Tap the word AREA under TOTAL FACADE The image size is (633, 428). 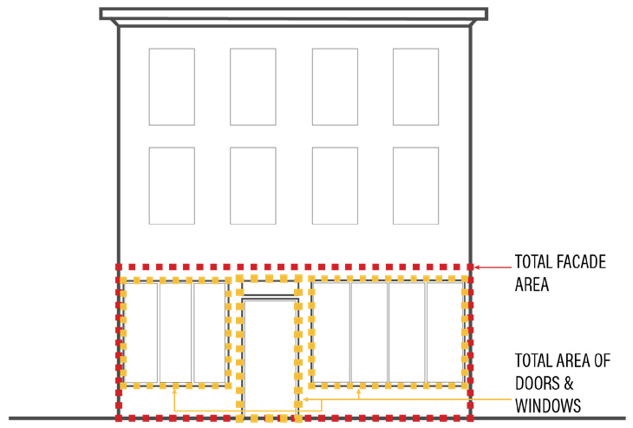coord(532,284)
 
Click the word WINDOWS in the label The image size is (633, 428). coord(548,405)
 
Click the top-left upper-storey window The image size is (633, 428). coord(172,87)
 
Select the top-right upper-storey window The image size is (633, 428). coord(415,87)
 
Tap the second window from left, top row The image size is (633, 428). coord(253,87)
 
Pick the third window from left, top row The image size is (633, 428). coord(335,87)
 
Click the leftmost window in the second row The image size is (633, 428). coord(172,186)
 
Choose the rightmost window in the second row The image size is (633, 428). coord(415,186)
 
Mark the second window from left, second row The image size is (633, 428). coord(253,186)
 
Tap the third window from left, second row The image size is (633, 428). coord(335,186)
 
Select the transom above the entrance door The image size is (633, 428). coord(271,288)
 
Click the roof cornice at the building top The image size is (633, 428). coord(293,15)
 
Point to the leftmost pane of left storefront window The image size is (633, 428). coord(142,332)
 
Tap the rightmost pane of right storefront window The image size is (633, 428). coord(444,332)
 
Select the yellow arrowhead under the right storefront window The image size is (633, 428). coord(359,392)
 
